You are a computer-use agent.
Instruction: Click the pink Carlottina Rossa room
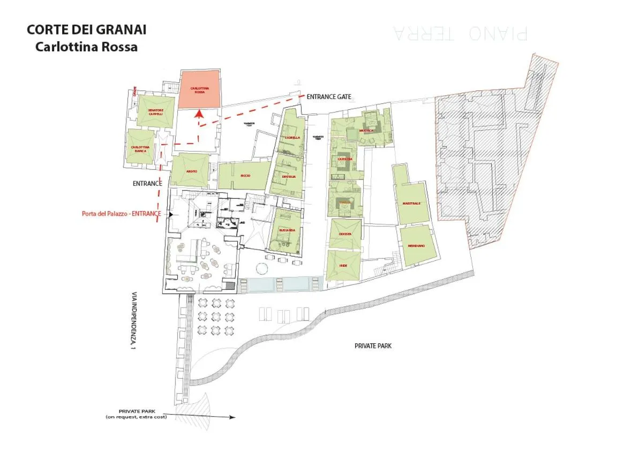pyautogui.click(x=199, y=89)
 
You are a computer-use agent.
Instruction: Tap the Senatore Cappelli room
pyautogui.click(x=155, y=111)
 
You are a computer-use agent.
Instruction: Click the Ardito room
pyautogui.click(x=191, y=170)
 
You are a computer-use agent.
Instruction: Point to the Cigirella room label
pyautogui.click(x=292, y=137)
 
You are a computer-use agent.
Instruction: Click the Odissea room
pyautogui.click(x=343, y=234)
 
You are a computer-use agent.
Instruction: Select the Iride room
pyautogui.click(x=343, y=266)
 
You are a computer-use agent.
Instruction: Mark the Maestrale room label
pyautogui.click(x=411, y=204)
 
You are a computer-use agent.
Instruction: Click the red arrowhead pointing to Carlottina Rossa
pyautogui.click(x=199, y=113)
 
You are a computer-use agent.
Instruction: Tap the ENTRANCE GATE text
pyautogui.click(x=328, y=97)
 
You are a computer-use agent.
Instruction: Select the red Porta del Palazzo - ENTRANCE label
pyautogui.click(x=122, y=214)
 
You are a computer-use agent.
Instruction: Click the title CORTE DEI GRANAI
pyautogui.click(x=86, y=29)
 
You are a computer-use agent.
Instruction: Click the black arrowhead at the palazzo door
pyautogui.click(x=170, y=214)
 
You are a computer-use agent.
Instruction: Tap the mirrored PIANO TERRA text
pyautogui.click(x=460, y=33)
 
